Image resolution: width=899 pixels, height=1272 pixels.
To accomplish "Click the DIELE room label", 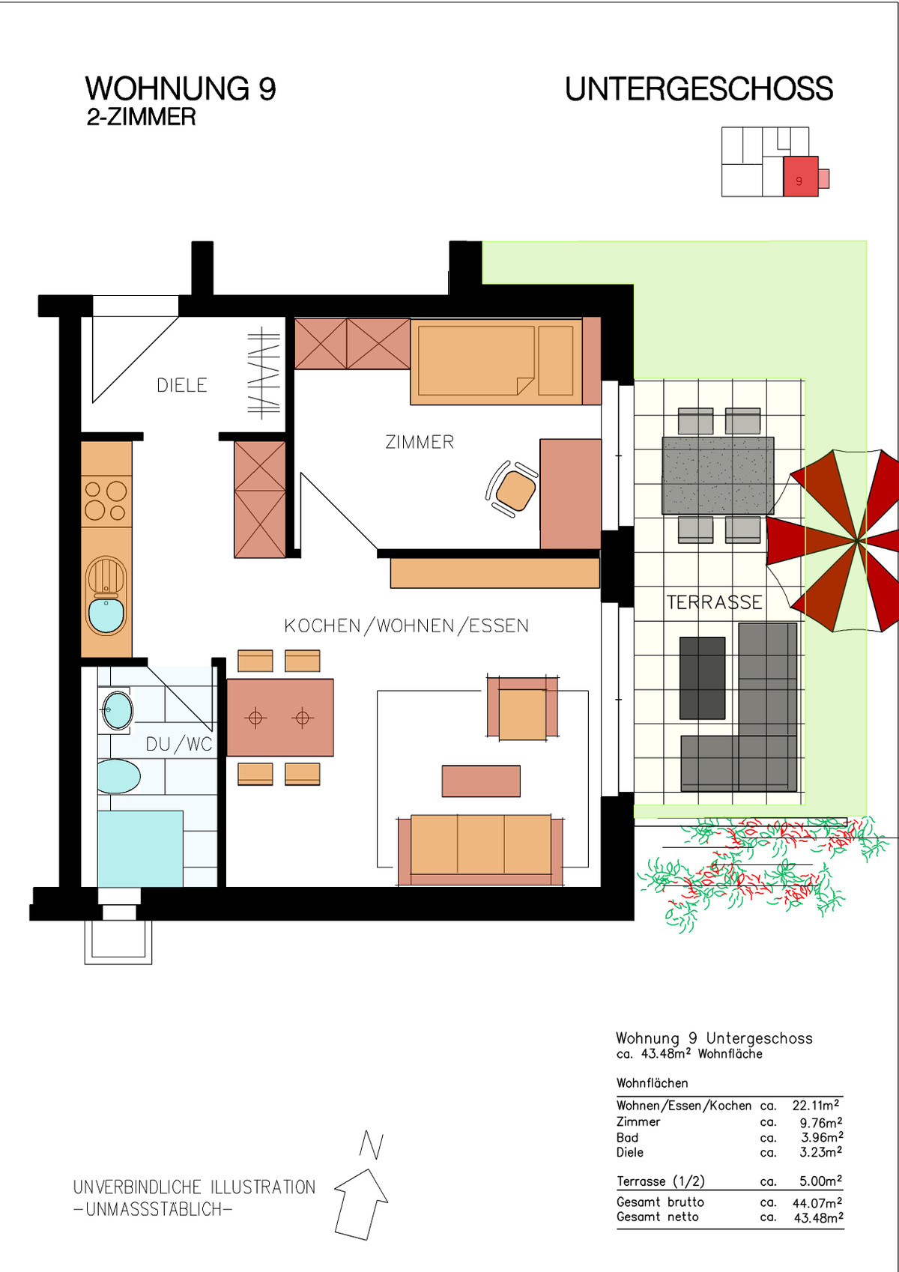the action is pyautogui.click(x=182, y=385).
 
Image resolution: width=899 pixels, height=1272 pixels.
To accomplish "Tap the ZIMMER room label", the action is pyautogui.click(x=420, y=442).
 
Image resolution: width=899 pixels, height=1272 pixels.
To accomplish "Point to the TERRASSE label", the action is pyautogui.click(x=714, y=602).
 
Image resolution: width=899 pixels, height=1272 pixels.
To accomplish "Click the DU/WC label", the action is pyautogui.click(x=179, y=744).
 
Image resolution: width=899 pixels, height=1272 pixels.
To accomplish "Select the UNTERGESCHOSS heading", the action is pyautogui.click(x=699, y=89).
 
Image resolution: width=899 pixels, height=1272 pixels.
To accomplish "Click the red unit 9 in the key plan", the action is pyautogui.click(x=801, y=177).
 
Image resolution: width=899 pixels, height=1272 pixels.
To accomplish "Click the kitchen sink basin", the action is pyautogui.click(x=106, y=616).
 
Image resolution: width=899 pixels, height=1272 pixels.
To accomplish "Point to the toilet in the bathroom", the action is pyautogui.click(x=118, y=776).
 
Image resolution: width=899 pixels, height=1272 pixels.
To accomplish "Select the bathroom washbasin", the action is pyautogui.click(x=118, y=710).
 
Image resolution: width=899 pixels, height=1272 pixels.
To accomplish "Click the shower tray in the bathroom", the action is pyautogui.click(x=140, y=849).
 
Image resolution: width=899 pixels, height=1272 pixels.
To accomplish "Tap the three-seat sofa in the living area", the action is pyautogui.click(x=480, y=849).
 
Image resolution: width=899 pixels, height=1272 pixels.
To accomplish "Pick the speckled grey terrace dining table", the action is pyautogui.click(x=718, y=476).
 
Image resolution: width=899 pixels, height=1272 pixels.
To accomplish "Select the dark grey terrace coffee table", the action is pyautogui.click(x=703, y=678).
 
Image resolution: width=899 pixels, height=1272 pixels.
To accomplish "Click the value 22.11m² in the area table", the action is pyautogui.click(x=817, y=1105).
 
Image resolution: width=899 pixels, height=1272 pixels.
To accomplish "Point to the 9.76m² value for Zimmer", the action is pyautogui.click(x=820, y=1122).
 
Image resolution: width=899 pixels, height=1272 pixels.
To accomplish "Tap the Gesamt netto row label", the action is pyautogui.click(x=658, y=1217).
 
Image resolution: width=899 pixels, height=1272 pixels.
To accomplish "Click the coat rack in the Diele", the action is pyautogui.click(x=264, y=373).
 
